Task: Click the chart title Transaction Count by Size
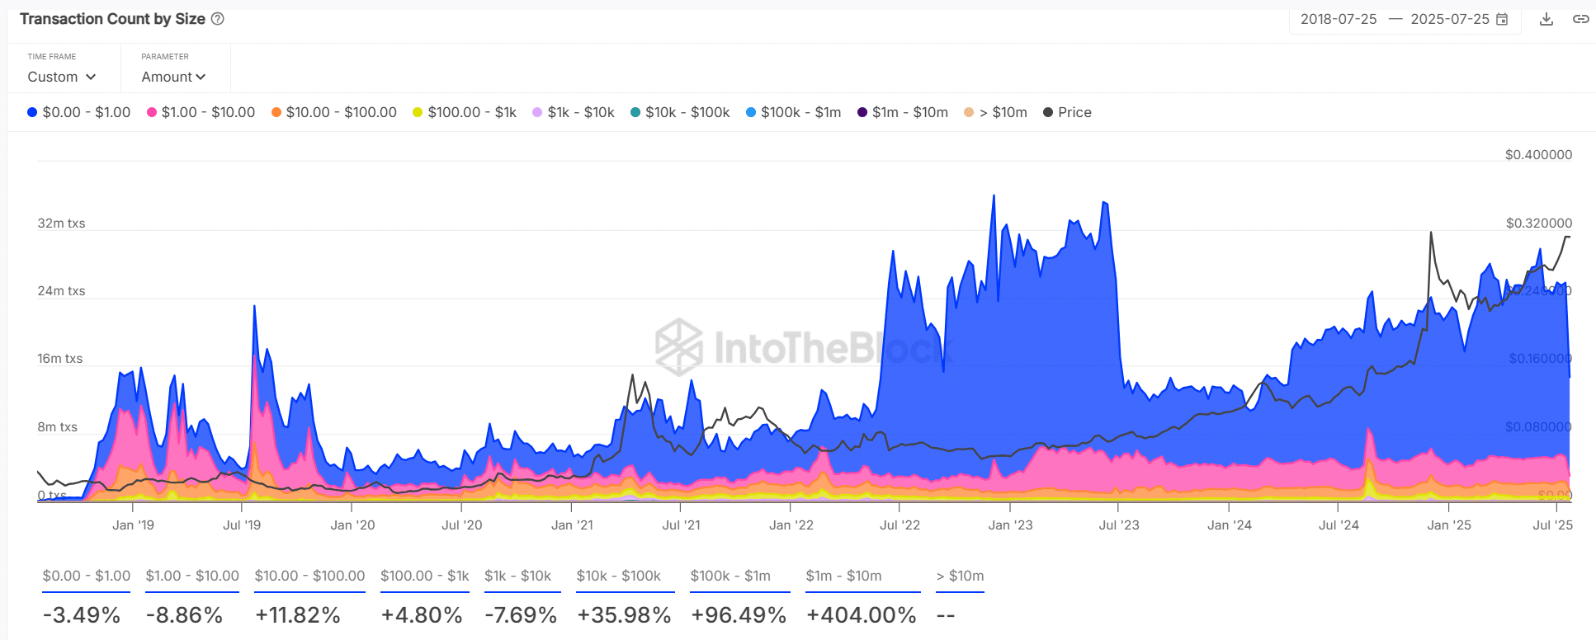[x=112, y=19]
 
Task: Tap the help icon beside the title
[x=218, y=19]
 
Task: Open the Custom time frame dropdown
[x=62, y=77]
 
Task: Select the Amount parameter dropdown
[x=173, y=77]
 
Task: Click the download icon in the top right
[x=1546, y=19]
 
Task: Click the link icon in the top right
[x=1580, y=19]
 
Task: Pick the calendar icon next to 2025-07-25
[x=1502, y=19]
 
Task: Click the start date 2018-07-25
[x=1339, y=19]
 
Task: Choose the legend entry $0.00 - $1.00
[x=79, y=112]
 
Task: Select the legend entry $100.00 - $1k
[x=465, y=112]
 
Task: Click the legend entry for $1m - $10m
[x=903, y=112]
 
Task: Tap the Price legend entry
[x=1067, y=112]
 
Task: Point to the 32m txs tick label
[x=61, y=224]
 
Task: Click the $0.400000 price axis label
[x=1538, y=155]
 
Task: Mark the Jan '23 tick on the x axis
[x=1010, y=525]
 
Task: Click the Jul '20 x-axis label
[x=462, y=525]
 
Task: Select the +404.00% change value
[x=862, y=615]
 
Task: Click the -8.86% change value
[x=184, y=615]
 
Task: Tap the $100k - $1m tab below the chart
[x=730, y=576]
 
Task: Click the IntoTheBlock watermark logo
[x=679, y=346]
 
